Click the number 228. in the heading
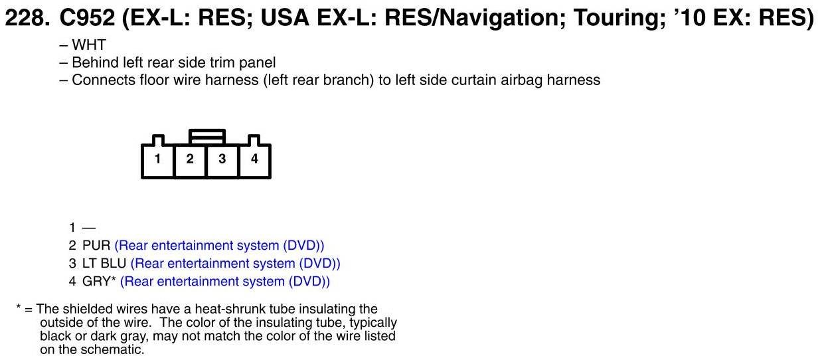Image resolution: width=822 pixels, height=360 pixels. pos(27,18)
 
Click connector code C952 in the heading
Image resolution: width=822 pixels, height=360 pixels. pos(87,18)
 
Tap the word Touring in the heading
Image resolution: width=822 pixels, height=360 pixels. pos(619,19)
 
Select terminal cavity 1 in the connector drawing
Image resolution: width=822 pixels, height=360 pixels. pos(158,161)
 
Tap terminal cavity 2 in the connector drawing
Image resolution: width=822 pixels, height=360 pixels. pos(190,161)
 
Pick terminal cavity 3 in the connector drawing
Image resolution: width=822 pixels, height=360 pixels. pos(222,161)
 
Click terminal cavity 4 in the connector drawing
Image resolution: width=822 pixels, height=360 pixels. pos(255,161)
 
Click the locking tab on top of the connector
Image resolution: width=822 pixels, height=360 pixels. pos(207,137)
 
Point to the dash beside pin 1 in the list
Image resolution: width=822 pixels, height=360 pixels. pos(89,228)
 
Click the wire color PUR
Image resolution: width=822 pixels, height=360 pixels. pos(96,246)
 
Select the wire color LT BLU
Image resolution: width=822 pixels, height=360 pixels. pos(104,264)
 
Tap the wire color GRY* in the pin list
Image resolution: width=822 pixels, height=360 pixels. pos(99,281)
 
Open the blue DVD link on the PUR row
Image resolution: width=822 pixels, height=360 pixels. pos(220,246)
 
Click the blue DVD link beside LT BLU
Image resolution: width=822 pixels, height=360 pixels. pos(236,264)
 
